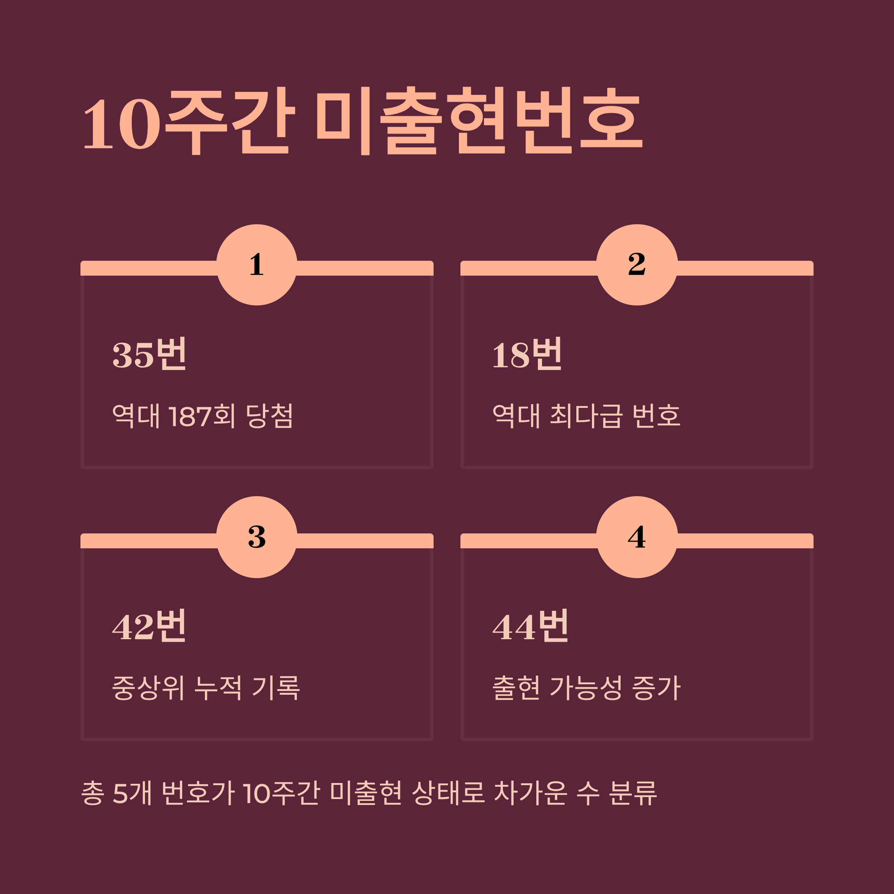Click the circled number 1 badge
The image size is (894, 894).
pyautogui.click(x=257, y=265)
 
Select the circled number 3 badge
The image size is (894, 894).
pyautogui.click(x=257, y=537)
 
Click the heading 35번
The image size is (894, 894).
pyautogui.click(x=149, y=355)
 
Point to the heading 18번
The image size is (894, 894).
pyautogui.click(x=527, y=355)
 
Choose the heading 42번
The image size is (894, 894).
pyautogui.click(x=149, y=627)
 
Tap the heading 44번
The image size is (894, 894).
pyautogui.click(x=530, y=627)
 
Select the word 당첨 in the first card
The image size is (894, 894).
pyautogui.click(x=269, y=416)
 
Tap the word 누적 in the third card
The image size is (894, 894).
pyautogui.click(x=218, y=688)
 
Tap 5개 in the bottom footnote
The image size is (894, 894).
pyautogui.click(x=132, y=793)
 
